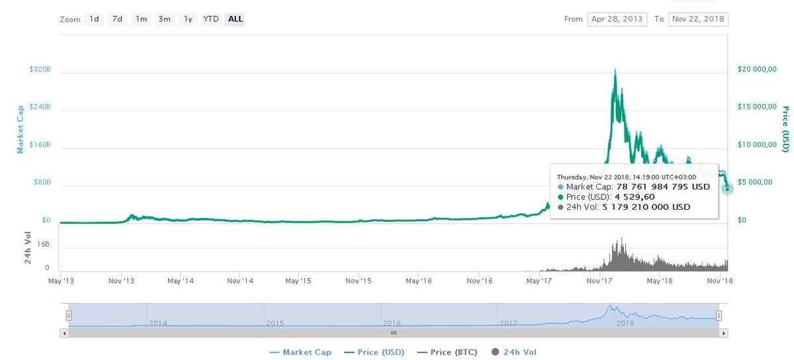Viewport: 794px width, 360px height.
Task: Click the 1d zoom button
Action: pyautogui.click(x=94, y=19)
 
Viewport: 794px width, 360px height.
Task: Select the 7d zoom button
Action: pyautogui.click(x=117, y=19)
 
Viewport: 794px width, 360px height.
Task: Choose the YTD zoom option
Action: pyautogui.click(x=211, y=19)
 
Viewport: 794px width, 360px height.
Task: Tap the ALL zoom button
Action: pyautogui.click(x=235, y=19)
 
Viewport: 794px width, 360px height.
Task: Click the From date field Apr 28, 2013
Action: pyautogui.click(x=617, y=19)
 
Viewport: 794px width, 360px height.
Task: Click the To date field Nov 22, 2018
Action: pyautogui.click(x=698, y=19)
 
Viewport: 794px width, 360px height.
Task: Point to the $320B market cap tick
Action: pyautogui.click(x=40, y=69)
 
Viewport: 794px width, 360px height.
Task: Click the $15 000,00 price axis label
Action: pyautogui.click(x=757, y=107)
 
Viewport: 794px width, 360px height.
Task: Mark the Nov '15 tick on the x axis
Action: pyautogui.click(x=359, y=281)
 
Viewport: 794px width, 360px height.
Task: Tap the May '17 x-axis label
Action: pyautogui.click(x=539, y=281)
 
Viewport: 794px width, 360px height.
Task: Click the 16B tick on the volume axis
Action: pyautogui.click(x=43, y=244)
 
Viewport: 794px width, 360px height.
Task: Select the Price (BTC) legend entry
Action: pyautogui.click(x=447, y=352)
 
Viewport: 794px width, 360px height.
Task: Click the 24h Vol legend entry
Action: pyautogui.click(x=514, y=352)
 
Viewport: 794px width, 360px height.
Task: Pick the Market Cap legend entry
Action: pyautogui.click(x=300, y=352)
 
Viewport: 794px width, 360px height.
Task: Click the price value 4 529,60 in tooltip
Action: pyautogui.click(x=635, y=197)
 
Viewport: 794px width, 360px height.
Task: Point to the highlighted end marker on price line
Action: pyautogui.click(x=727, y=189)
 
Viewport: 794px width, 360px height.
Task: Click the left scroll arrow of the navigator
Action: pyautogui.click(x=64, y=333)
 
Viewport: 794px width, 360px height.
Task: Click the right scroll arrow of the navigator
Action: pyautogui.click(x=723, y=333)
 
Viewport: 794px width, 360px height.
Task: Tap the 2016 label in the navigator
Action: pyautogui.click(x=391, y=323)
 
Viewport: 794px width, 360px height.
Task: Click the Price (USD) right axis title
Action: pyautogui.click(x=786, y=129)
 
